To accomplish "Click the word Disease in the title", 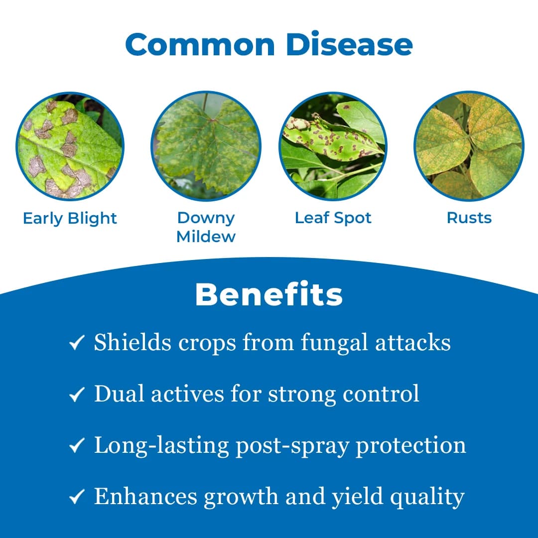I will click(x=349, y=45).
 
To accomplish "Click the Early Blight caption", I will click(x=70, y=218).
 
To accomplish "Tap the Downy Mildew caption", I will click(x=206, y=227).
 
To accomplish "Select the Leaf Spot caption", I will click(x=333, y=218).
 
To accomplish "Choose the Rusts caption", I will click(x=469, y=218).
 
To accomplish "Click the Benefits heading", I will click(x=269, y=294).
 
